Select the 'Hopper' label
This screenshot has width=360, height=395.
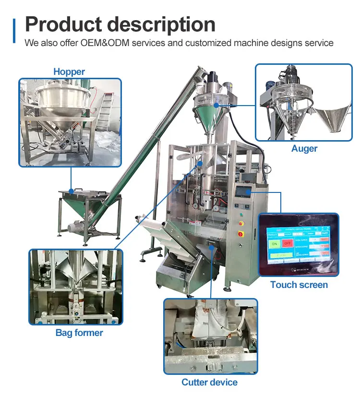[69, 72]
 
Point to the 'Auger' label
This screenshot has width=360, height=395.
[304, 149]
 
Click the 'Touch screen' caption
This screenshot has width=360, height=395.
[299, 285]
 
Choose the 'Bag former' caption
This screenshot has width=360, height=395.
[79, 333]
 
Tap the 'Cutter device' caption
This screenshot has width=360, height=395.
[209, 383]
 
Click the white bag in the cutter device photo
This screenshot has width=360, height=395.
[211, 331]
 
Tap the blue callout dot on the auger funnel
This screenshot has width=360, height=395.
[216, 104]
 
